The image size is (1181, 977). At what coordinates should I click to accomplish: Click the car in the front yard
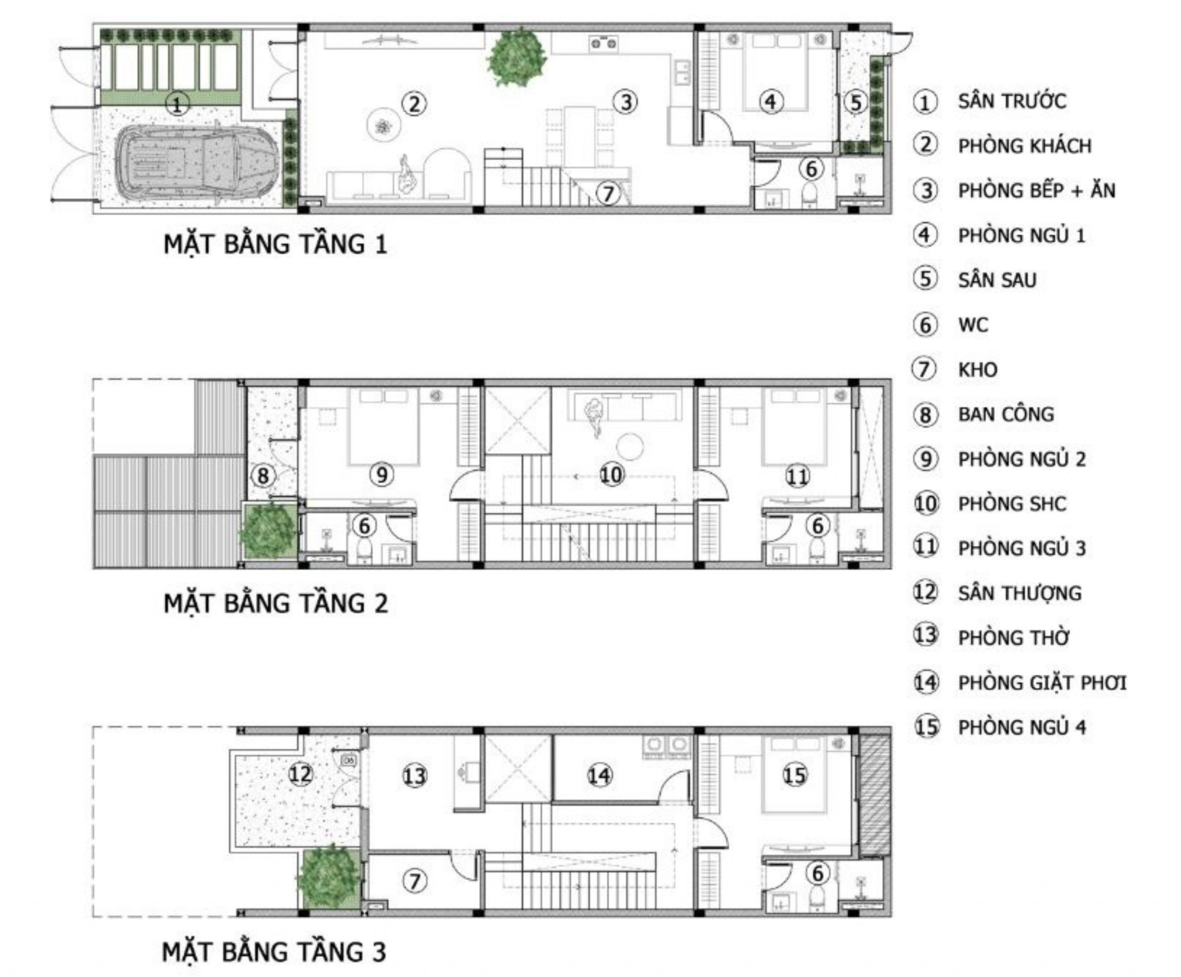tap(200, 161)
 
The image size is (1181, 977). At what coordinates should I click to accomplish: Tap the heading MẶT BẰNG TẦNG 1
tap(275, 245)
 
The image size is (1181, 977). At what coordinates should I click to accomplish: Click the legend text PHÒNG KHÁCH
tap(1025, 146)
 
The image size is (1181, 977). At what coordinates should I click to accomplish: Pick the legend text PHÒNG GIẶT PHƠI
tap(1042, 683)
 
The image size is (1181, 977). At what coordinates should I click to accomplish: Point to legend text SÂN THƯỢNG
tap(1020, 593)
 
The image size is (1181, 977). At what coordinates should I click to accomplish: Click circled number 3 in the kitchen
tap(626, 102)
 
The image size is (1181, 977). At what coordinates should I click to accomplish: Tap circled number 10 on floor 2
tap(611, 475)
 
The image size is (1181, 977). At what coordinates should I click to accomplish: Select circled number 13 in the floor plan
tap(414, 776)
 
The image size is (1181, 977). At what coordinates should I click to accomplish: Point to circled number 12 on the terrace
tap(300, 774)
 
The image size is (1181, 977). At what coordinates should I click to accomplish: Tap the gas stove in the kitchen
tap(603, 43)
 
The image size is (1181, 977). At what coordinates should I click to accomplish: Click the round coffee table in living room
tap(384, 126)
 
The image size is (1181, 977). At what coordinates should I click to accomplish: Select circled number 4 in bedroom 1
tap(770, 102)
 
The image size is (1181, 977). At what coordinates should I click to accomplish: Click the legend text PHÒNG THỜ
tap(1014, 638)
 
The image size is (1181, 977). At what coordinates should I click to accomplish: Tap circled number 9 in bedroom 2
tap(382, 475)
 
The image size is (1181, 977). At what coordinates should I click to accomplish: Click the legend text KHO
tap(978, 370)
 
